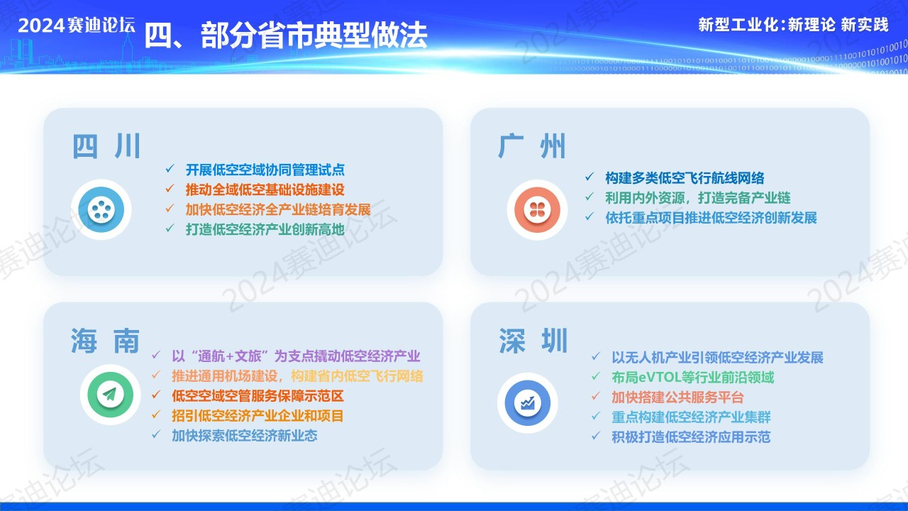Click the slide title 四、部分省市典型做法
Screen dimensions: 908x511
click(x=286, y=35)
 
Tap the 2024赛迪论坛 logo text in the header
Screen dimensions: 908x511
click(x=77, y=26)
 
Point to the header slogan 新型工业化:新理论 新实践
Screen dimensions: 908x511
click(x=793, y=25)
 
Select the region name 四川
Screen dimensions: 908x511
click(x=106, y=146)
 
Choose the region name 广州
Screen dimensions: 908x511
click(x=532, y=146)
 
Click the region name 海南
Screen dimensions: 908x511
click(x=106, y=341)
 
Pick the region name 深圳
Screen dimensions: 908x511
click(x=533, y=341)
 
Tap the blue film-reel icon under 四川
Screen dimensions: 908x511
click(x=101, y=209)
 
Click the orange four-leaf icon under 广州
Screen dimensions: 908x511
click(x=538, y=209)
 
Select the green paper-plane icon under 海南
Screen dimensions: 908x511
click(x=110, y=395)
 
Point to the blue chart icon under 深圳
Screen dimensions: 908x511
click(x=528, y=402)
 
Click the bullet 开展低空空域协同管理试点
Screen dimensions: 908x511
click(x=265, y=170)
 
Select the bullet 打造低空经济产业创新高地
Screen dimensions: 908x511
click(x=265, y=229)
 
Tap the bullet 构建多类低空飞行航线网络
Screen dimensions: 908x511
click(x=685, y=177)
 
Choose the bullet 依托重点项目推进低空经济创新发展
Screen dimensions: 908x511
click(x=711, y=218)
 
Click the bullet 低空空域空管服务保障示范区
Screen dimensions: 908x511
click(x=258, y=396)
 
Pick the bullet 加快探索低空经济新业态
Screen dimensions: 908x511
click(x=245, y=436)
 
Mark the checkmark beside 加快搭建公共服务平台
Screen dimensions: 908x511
click(x=595, y=396)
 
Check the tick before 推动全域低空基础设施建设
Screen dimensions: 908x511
click(x=170, y=188)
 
